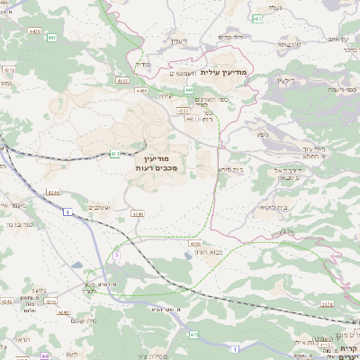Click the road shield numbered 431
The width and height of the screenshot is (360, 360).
point(115,154)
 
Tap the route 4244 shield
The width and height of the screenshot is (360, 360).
point(52,192)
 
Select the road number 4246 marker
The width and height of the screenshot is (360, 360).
point(137,214)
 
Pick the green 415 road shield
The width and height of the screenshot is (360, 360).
point(193,335)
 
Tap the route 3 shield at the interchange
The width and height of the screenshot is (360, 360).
point(116,256)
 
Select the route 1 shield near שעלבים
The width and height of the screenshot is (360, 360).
point(67,212)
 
